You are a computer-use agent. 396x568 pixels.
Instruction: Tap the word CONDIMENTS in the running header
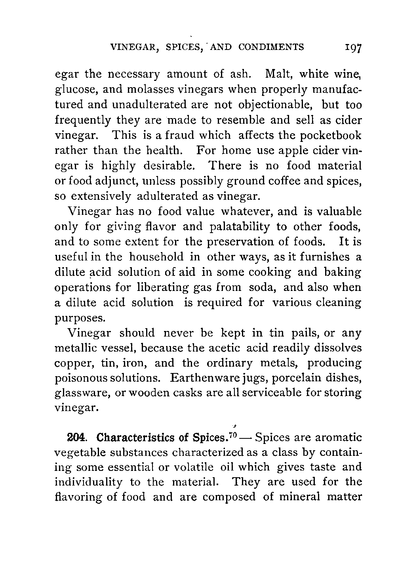pos(271,48)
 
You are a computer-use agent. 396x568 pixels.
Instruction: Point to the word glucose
pos(73,90)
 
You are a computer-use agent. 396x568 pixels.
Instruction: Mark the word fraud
pos(178,136)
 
